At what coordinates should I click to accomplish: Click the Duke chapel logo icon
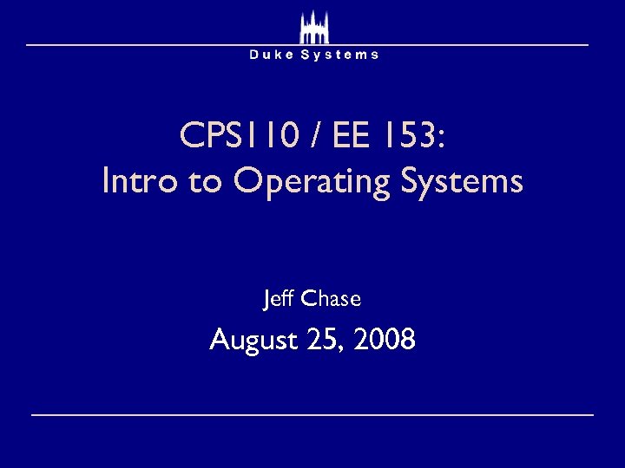pyautogui.click(x=313, y=27)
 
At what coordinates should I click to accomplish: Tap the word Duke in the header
pyautogui.click(x=271, y=55)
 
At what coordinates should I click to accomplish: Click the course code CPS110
pyautogui.click(x=234, y=135)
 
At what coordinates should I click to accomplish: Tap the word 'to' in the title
pyautogui.click(x=199, y=183)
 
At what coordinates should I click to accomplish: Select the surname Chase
pyautogui.click(x=332, y=299)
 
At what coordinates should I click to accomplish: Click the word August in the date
pyautogui.click(x=253, y=341)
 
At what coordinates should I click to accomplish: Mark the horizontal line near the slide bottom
pyautogui.click(x=312, y=415)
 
